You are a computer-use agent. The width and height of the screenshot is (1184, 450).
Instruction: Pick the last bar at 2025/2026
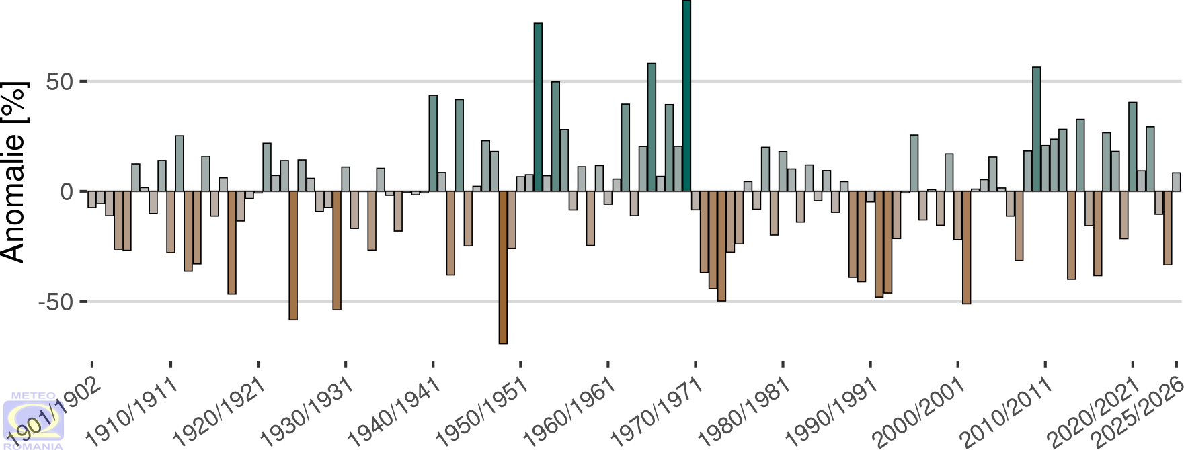[1177, 182]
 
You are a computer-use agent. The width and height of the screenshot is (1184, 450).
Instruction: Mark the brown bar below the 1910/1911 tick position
[171, 222]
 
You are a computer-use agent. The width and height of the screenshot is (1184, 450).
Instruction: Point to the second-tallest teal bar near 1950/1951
[538, 107]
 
